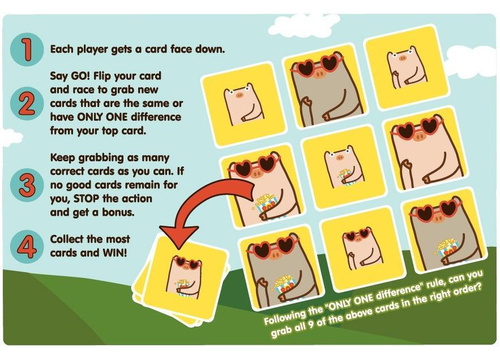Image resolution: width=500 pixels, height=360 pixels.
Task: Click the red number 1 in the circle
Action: (x=27, y=49)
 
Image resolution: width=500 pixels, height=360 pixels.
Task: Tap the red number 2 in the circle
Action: (x=27, y=103)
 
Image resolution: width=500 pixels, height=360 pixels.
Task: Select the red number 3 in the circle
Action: (x=27, y=185)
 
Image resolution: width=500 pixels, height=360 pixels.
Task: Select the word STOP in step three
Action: (x=87, y=199)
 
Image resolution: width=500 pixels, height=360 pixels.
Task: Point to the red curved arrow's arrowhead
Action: (x=179, y=236)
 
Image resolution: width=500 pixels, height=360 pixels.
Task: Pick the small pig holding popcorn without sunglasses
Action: (x=344, y=167)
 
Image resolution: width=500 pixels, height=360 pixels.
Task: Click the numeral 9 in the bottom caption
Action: (x=310, y=324)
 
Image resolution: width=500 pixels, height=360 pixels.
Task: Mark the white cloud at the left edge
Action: (x=9, y=137)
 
